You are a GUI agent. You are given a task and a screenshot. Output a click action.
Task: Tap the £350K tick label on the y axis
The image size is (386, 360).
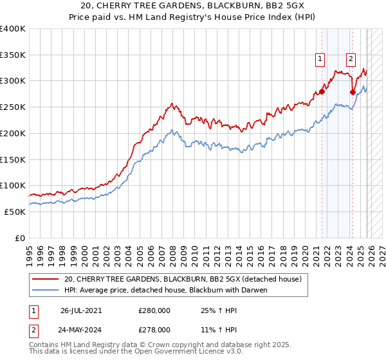13,55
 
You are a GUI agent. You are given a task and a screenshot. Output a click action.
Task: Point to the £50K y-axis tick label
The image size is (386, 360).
15,212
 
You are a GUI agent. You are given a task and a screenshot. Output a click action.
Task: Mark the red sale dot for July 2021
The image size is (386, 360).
322,91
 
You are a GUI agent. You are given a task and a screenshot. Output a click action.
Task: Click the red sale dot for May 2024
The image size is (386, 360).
353,93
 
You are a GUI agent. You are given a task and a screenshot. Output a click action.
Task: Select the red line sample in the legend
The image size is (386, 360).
46,279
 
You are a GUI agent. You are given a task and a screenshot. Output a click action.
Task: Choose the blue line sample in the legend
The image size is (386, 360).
46,290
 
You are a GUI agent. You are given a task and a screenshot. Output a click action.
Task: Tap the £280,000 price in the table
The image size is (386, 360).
154,310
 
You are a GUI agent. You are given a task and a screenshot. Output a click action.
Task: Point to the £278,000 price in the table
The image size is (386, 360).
154,329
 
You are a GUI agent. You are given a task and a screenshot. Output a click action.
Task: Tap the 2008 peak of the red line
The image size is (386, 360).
171,103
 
